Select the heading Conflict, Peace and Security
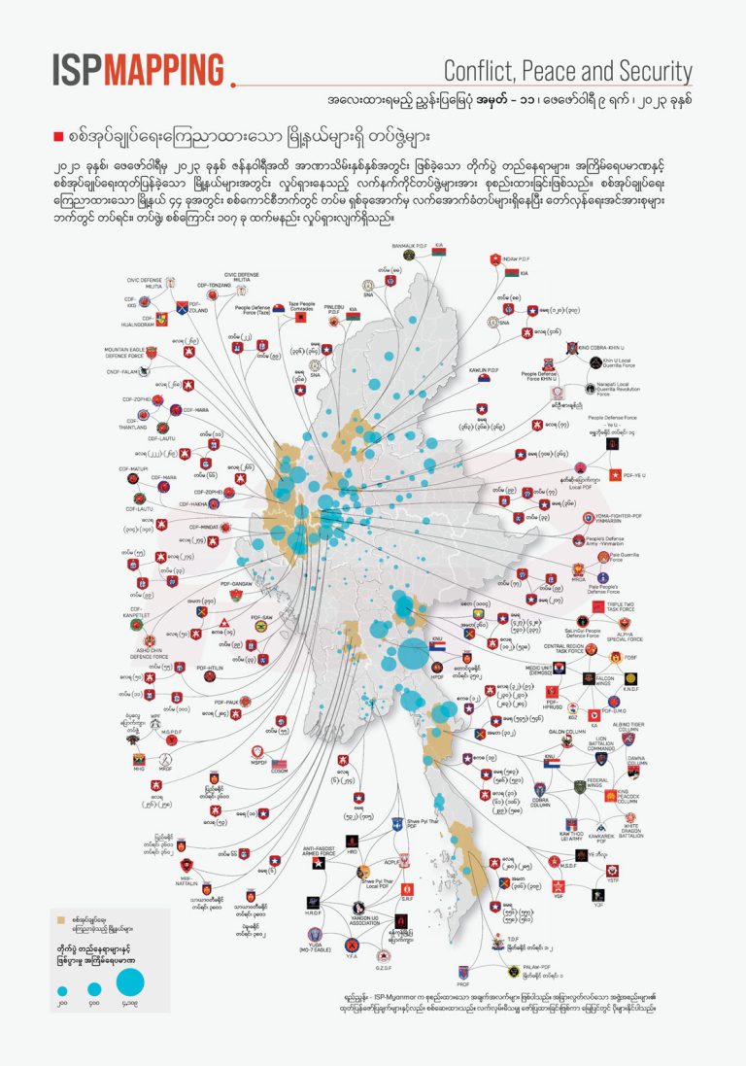coord(567,71)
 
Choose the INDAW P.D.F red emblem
coord(497,259)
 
